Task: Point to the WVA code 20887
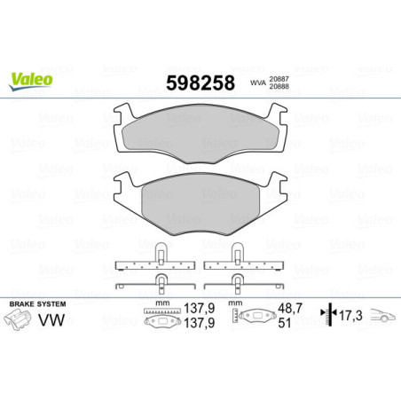282,78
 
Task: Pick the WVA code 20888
282,87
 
